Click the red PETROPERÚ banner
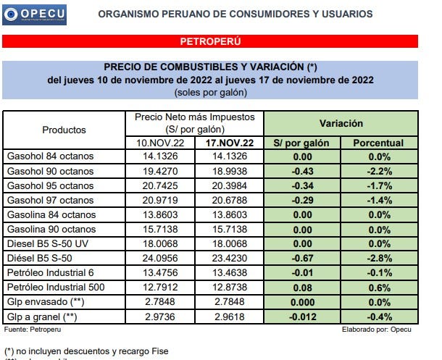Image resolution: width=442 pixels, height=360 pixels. click(220, 42)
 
